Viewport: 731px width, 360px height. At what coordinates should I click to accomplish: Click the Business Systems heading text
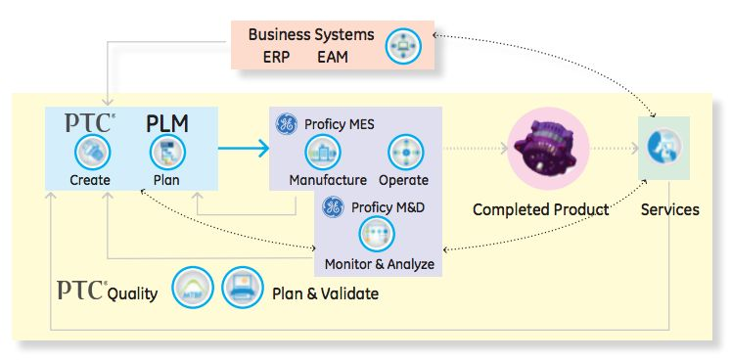point(310,34)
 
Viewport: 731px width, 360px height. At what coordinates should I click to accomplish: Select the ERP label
point(277,57)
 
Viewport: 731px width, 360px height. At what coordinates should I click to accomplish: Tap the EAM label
point(333,57)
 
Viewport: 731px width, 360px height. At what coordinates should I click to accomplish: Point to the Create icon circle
point(92,152)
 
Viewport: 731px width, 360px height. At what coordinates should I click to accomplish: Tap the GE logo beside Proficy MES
point(286,125)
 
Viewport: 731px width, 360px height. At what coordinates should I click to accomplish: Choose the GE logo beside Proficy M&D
point(333,206)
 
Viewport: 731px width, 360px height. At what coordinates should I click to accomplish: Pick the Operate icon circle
point(404,153)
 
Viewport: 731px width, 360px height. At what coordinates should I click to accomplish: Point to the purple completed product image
point(542,150)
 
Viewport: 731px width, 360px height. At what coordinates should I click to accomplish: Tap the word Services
point(669,209)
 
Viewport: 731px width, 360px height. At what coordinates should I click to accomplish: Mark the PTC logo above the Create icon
point(90,123)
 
